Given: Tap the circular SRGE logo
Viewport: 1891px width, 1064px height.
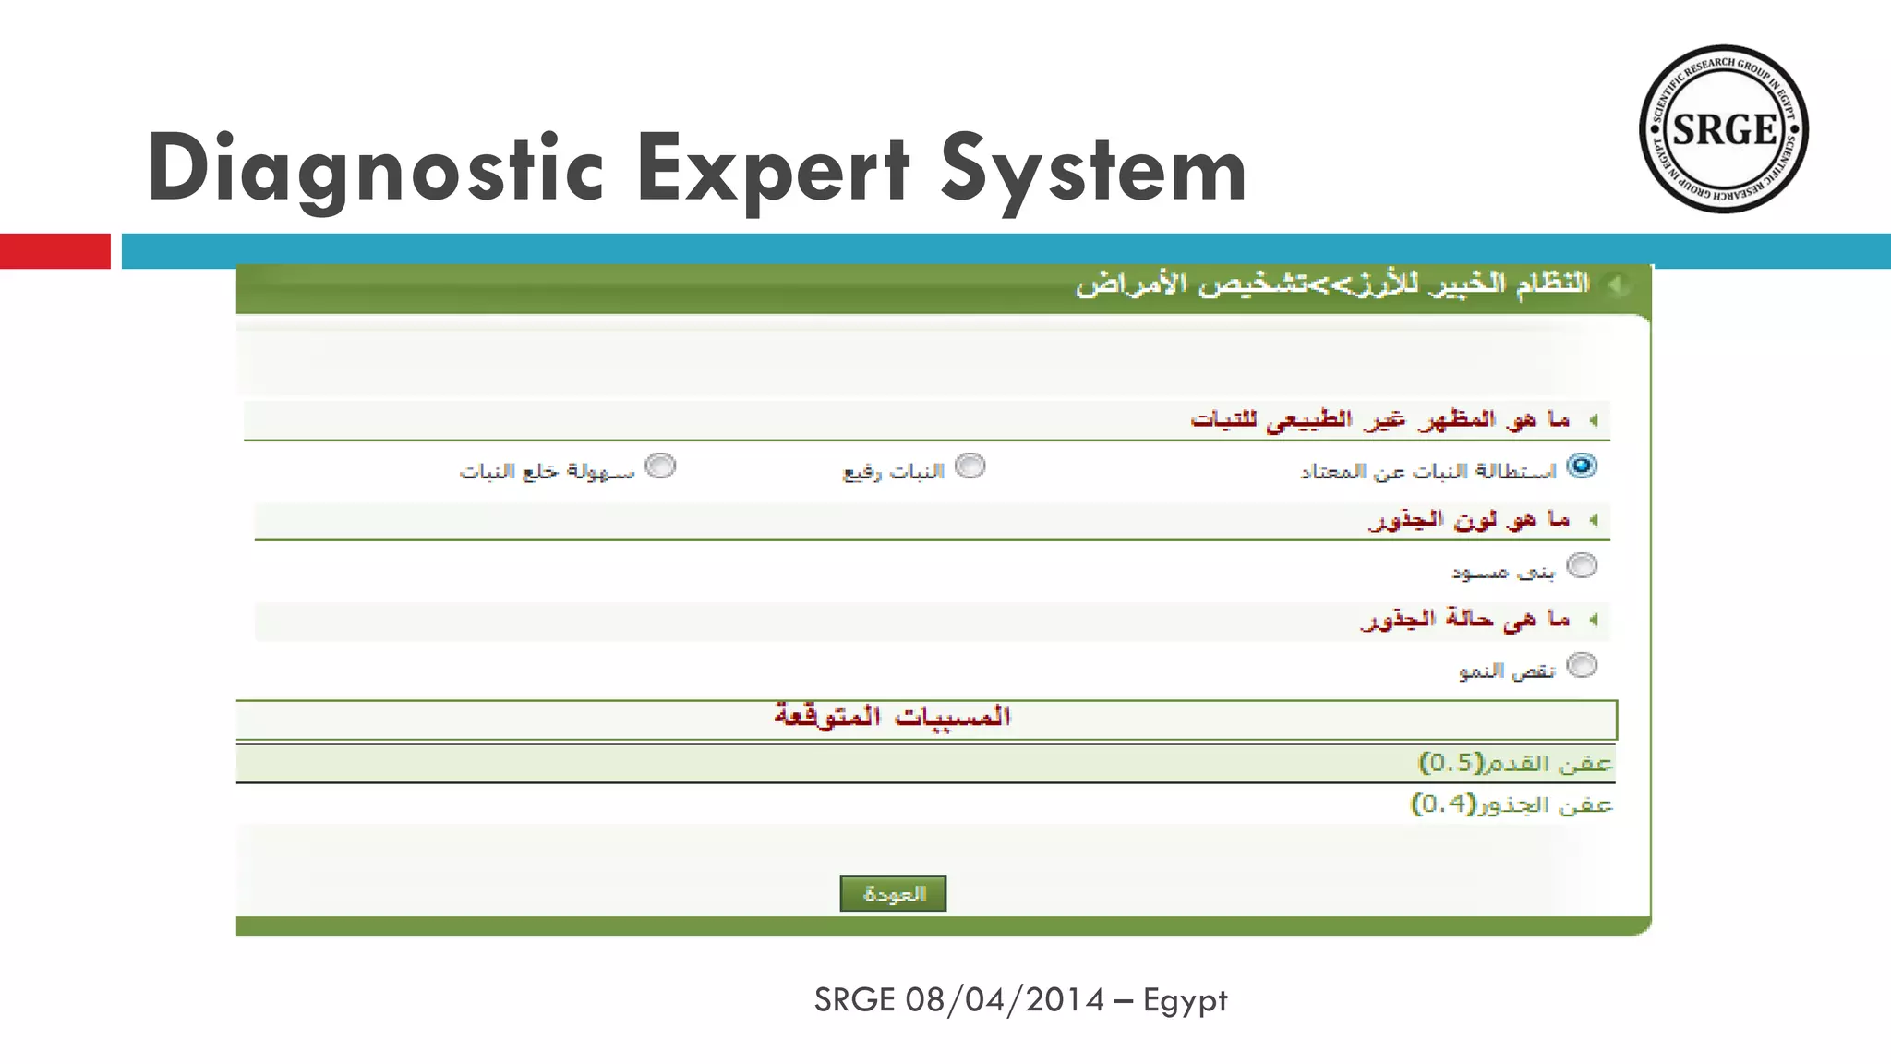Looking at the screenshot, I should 1723,129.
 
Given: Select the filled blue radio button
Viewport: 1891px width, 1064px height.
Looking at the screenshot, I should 1582,466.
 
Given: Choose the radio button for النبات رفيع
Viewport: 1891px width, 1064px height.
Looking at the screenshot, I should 970,466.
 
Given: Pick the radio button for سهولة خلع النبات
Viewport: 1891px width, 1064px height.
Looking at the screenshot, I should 660,466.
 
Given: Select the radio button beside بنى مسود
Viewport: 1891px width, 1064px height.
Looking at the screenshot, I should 1582,565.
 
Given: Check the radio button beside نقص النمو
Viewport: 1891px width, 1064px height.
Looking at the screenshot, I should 1582,665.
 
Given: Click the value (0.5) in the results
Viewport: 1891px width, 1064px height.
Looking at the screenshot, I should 1451,763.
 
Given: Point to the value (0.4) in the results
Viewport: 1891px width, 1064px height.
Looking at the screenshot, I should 1443,804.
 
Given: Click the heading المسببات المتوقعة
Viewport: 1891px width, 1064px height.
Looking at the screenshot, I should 892,717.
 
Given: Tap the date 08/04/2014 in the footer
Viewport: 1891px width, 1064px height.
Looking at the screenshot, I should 1005,1000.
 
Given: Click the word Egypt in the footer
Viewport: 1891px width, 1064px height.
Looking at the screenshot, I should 1185,1000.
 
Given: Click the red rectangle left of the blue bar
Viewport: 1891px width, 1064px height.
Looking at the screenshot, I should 54,251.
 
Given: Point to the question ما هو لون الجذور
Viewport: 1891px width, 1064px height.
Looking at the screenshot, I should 1468,520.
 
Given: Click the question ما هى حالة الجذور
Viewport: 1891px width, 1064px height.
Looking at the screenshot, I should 1464,619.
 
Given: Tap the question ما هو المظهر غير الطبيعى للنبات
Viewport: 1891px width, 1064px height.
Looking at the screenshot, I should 1379,420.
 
